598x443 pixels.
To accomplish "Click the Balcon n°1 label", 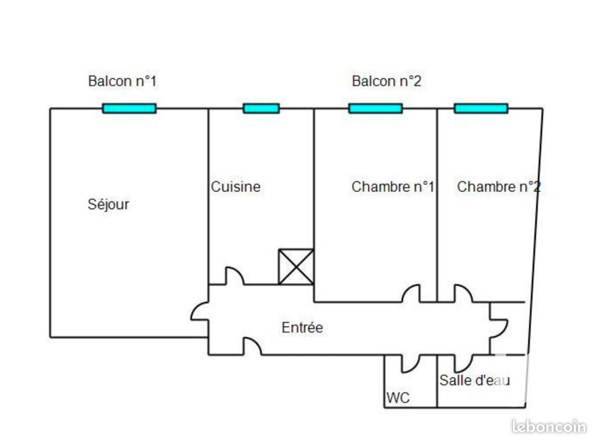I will (x=122, y=81).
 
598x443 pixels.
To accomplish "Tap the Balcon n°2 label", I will (x=386, y=81).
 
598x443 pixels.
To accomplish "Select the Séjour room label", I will (x=108, y=204).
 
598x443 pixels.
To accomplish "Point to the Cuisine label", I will (x=236, y=187).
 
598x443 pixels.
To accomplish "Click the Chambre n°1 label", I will (x=392, y=187).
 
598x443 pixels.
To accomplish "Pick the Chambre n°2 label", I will (x=498, y=187).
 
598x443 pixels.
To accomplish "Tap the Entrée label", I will (x=302, y=327).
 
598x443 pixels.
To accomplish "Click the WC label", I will (x=398, y=398).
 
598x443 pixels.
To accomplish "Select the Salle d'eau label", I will (x=475, y=380).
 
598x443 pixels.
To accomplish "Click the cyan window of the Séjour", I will (x=129, y=109).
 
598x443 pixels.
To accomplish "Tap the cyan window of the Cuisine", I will (x=261, y=109).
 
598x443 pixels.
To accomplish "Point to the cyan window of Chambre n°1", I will (x=375, y=109).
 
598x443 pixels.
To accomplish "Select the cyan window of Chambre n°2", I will (x=481, y=109).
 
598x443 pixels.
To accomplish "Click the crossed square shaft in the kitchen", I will (x=296, y=267).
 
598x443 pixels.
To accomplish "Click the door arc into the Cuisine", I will (x=234, y=276).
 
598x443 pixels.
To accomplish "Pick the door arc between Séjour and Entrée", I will (x=199, y=311).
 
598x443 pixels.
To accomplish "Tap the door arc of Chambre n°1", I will (x=410, y=293).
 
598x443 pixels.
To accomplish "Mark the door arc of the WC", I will (x=410, y=363).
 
